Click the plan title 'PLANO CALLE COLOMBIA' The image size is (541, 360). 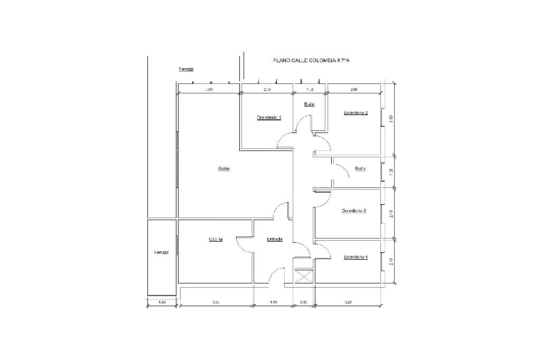(311, 60)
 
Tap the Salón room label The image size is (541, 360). (224, 169)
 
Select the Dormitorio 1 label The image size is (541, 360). (269, 117)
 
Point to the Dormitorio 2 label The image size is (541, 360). (356, 113)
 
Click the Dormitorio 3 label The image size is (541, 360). (354, 211)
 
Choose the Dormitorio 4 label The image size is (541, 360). (356, 257)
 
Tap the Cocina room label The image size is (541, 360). (216, 239)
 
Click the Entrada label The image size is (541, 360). (274, 239)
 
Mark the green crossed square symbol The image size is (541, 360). (303, 277)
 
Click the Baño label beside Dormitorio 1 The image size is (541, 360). (310, 104)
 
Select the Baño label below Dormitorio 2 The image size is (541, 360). (360, 169)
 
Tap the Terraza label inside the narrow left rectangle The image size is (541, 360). (161, 252)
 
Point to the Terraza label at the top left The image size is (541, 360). (186, 70)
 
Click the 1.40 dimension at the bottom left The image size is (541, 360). (162, 302)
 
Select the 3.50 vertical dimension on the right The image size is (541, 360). (391, 118)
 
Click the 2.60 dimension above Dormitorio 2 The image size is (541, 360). (354, 90)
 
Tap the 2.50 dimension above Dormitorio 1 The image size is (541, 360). (267, 90)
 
